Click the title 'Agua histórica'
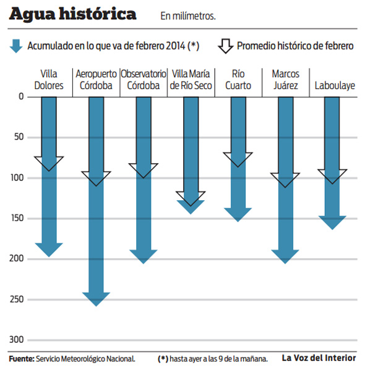72,14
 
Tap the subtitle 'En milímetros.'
188,16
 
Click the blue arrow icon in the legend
16,46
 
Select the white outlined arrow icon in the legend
226,46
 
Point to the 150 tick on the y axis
17,218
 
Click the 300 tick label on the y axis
17,340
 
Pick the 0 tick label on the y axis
21,96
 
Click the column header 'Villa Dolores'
49,80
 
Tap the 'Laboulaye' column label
335,86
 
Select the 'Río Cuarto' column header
238,80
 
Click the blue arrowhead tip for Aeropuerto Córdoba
96,306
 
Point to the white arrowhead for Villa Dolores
49,164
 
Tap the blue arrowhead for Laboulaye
332,223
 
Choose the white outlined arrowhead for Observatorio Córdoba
144,170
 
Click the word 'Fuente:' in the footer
22,359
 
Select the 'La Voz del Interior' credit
319,358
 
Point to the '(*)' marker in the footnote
163,359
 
